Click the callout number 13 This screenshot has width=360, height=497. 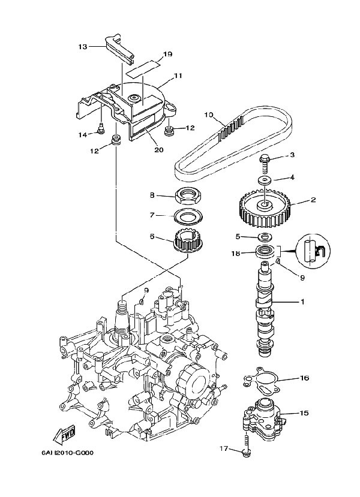83,46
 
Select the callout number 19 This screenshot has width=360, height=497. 167,55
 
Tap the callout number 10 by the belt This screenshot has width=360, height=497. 209,114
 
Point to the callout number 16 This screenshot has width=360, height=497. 304,378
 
